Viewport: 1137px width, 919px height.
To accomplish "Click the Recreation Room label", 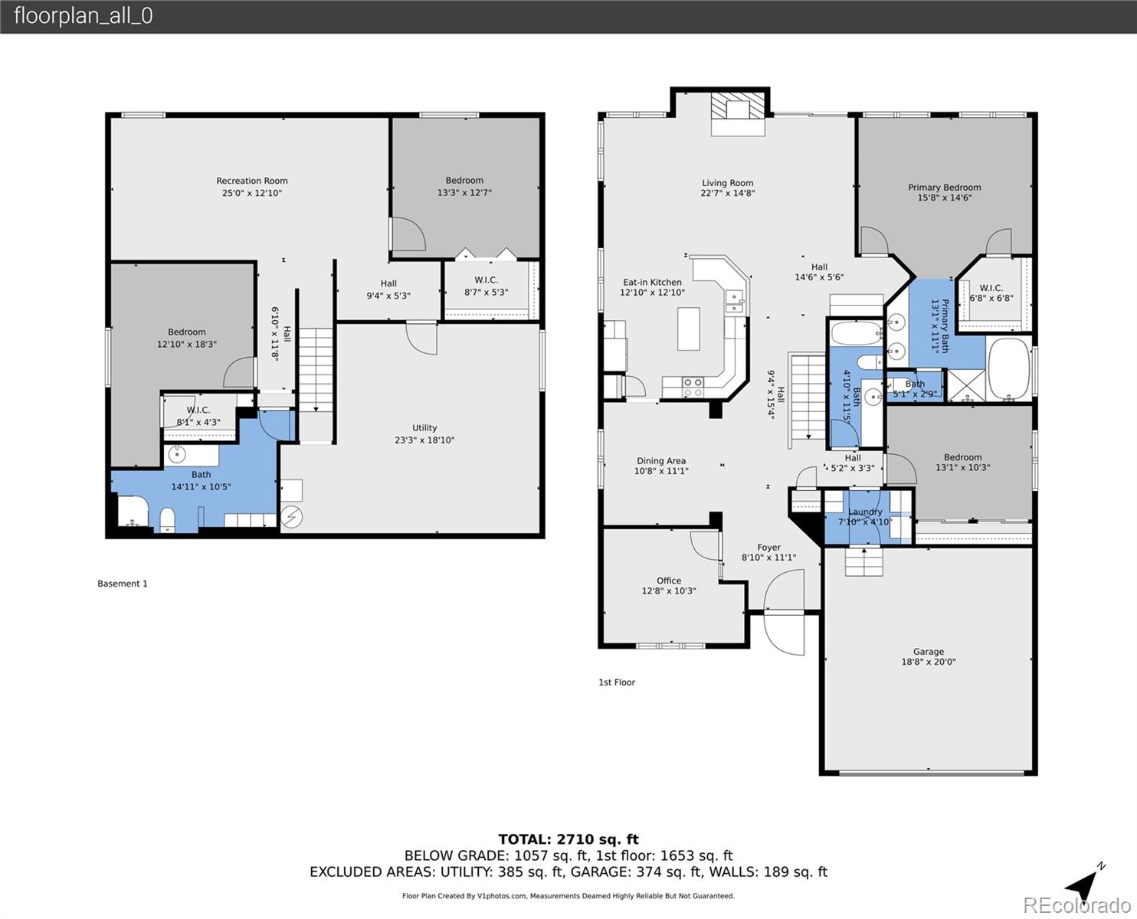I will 251,182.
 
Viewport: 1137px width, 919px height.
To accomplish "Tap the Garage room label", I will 928,652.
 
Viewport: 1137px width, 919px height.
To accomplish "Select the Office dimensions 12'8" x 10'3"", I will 668,591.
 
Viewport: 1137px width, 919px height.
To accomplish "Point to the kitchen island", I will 688,329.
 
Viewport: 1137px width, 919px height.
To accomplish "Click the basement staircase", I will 315,369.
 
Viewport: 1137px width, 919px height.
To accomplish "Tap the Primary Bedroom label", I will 944,188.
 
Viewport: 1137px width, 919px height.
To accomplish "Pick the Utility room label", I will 424,428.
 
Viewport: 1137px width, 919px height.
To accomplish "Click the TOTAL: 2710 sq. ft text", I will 568,839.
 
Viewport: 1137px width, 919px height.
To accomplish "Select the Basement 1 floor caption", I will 123,584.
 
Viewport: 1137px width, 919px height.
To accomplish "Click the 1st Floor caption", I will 617,682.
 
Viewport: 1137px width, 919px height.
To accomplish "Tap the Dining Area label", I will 660,461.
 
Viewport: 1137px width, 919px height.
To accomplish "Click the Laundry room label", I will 865,512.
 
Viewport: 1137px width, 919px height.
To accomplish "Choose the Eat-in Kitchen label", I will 652,283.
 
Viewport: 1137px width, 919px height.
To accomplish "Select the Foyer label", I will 768,548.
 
